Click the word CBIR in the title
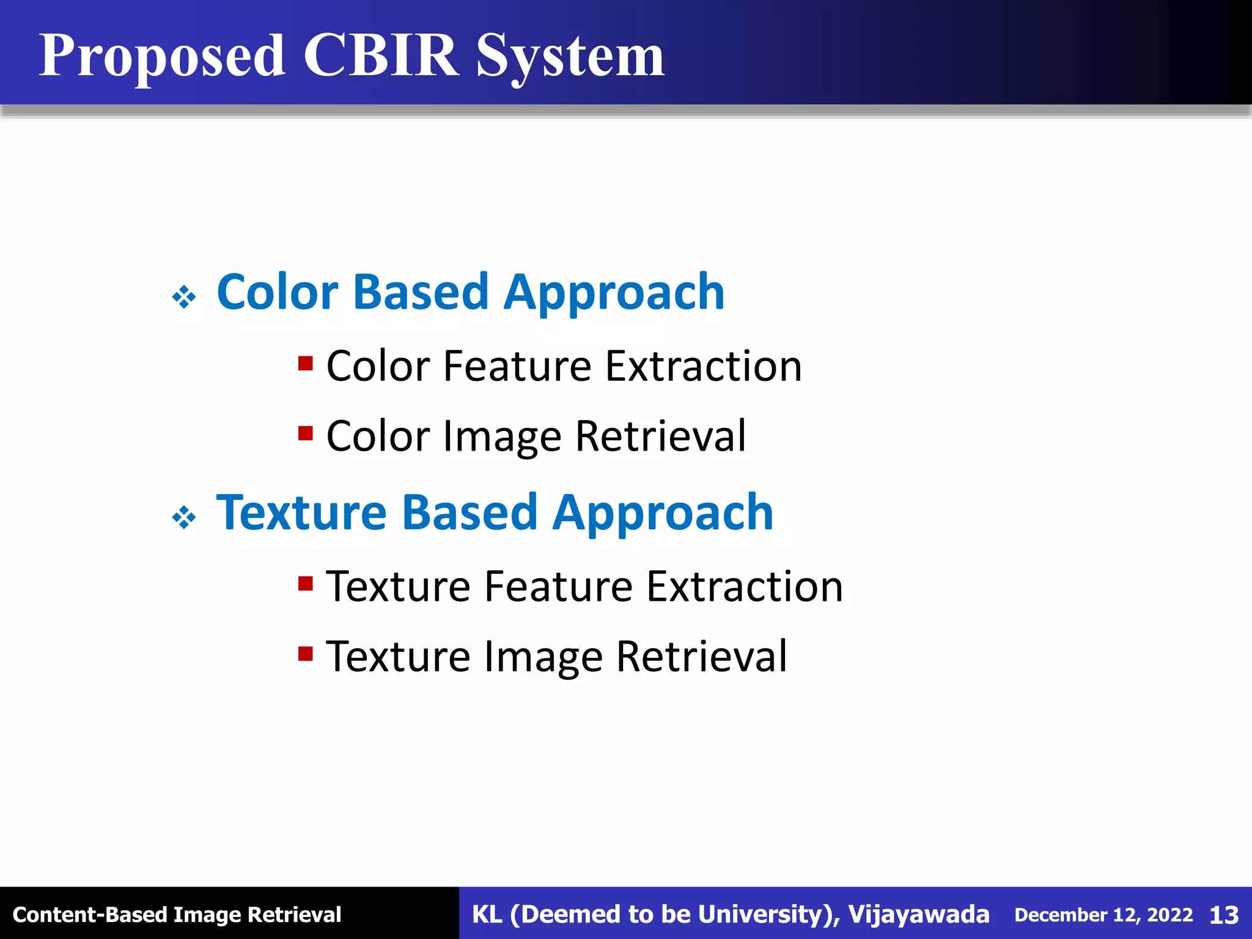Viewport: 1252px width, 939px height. [x=380, y=56]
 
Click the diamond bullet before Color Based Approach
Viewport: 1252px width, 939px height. [x=184, y=298]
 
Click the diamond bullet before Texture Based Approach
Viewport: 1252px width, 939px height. [x=184, y=518]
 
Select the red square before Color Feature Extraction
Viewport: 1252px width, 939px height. [x=306, y=364]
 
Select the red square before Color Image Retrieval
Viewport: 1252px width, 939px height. [x=306, y=433]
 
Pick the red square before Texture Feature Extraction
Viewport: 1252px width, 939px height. [x=306, y=584]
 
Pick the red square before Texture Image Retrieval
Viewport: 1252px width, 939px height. [x=306, y=654]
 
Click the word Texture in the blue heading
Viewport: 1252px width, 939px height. [x=301, y=513]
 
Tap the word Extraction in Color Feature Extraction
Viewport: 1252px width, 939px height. [x=703, y=366]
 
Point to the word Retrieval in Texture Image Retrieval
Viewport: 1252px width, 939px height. [x=702, y=657]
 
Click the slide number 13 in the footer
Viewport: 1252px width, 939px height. [x=1224, y=915]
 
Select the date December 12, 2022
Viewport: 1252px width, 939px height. [x=1103, y=915]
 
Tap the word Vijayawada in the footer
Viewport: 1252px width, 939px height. [x=918, y=915]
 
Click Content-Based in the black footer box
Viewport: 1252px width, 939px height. [x=90, y=915]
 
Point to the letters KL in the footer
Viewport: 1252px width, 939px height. [x=487, y=915]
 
